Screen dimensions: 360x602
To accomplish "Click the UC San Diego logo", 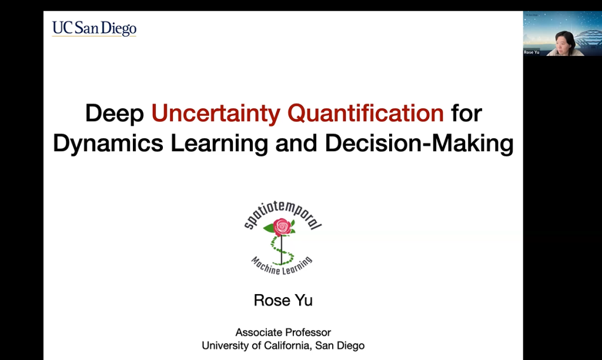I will (94, 28).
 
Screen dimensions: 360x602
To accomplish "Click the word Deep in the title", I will (114, 113).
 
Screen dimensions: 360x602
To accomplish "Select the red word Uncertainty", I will (222, 113).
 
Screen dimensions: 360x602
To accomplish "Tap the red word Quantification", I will (370, 113).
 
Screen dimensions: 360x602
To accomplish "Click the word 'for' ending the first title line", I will (466, 113).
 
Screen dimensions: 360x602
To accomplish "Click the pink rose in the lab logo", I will (282, 226).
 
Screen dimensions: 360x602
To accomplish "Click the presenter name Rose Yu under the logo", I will (283, 301).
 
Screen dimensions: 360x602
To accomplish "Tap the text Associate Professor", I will (283, 332).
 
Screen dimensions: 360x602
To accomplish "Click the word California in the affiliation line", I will (284, 345).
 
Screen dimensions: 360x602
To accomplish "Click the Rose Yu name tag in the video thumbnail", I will (531, 52).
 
